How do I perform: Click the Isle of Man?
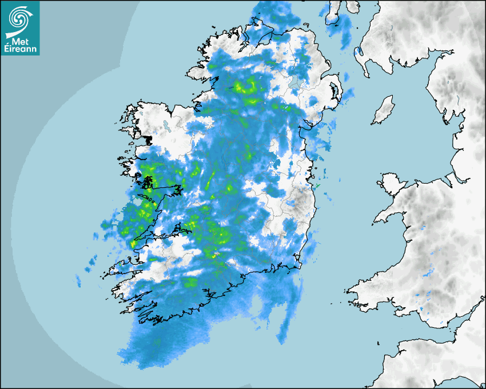coord(384,110)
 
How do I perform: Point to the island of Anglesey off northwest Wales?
coord(389,183)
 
